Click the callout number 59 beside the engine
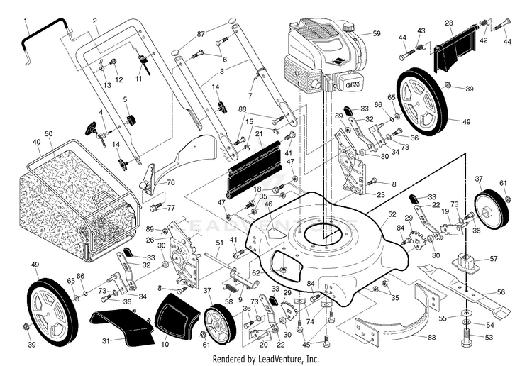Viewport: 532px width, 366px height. coord(377,33)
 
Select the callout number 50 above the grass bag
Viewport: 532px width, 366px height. coord(49,133)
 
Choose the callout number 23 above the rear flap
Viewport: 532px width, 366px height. coord(448,23)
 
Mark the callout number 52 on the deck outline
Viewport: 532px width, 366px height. coord(392,213)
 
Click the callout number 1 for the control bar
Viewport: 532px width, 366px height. coord(24,21)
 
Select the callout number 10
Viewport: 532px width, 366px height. coord(165,345)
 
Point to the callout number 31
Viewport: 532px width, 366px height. coord(106,341)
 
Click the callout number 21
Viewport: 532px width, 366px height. coord(259,133)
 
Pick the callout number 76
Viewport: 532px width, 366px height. coord(171,183)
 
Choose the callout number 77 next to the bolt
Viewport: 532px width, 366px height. coord(170,208)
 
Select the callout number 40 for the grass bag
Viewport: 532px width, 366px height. coord(36,142)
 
